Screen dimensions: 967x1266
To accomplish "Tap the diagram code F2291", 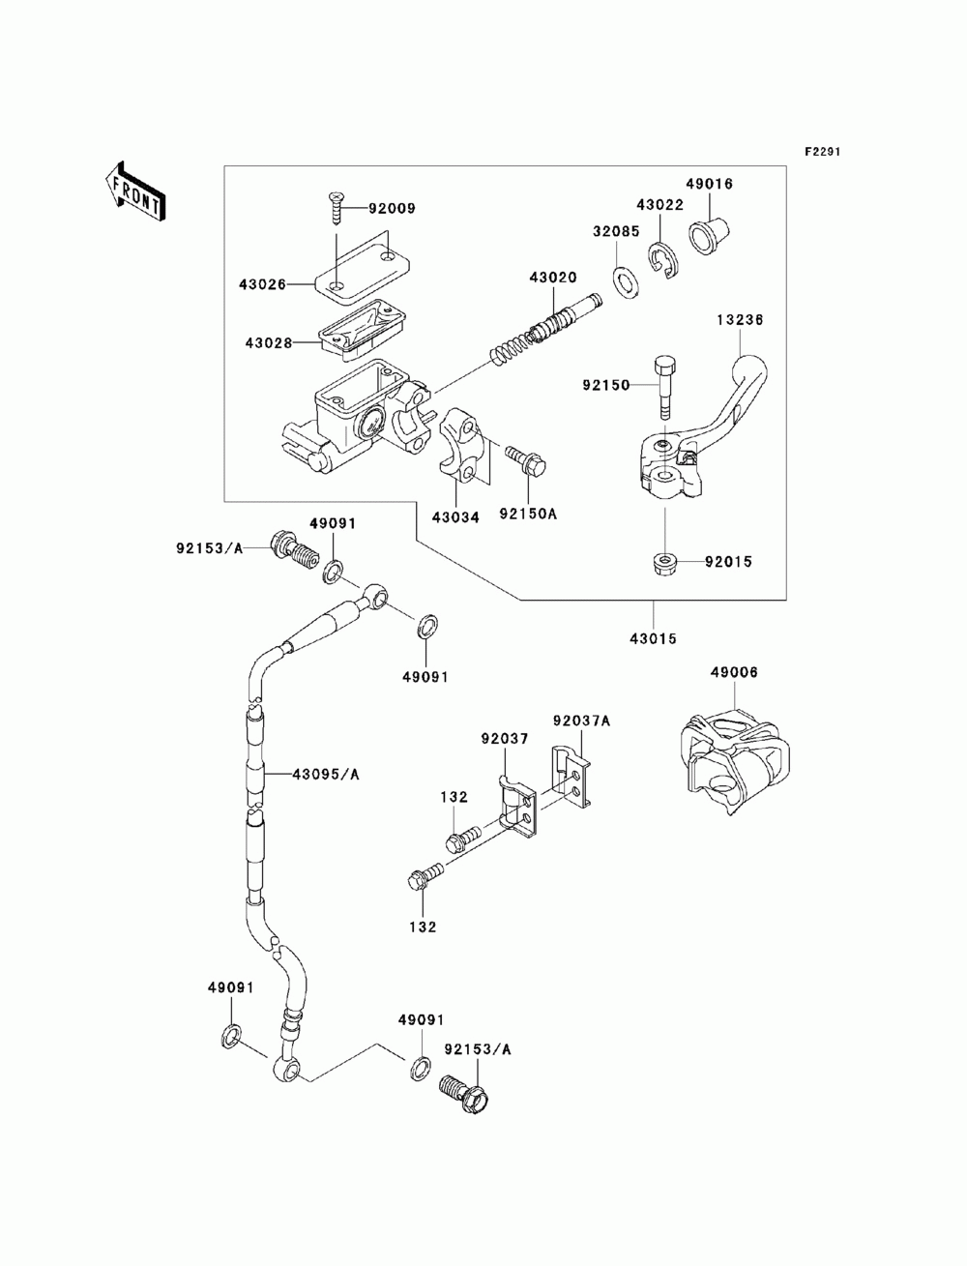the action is [823, 152].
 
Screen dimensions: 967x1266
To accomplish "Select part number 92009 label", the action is [392, 208].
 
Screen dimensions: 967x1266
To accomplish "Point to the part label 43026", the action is [263, 284].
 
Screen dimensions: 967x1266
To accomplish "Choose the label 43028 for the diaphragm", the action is [269, 343].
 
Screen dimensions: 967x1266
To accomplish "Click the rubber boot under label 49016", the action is [708, 235].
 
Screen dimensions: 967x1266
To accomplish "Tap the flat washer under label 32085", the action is [625, 283].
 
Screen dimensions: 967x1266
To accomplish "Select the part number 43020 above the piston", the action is [553, 278].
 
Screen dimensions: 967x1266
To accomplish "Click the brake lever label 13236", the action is [741, 319].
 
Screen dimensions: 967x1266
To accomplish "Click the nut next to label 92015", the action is [665, 562].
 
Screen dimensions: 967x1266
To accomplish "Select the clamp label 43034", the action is [455, 518].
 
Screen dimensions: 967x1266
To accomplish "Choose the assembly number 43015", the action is [653, 639].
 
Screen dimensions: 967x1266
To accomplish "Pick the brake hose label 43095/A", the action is [326, 775].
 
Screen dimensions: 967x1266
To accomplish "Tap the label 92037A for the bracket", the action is [581, 721].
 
